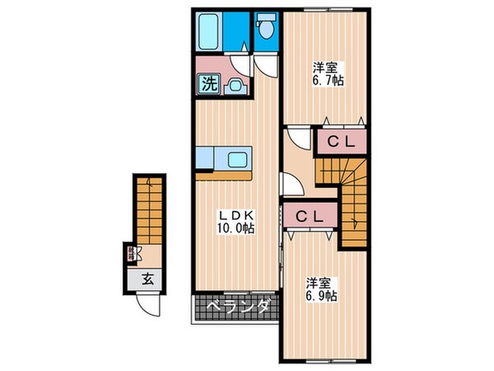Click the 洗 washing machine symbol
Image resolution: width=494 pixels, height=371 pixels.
point(206,83)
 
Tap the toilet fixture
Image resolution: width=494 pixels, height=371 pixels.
point(265,30)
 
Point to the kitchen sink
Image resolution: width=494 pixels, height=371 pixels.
point(238,160)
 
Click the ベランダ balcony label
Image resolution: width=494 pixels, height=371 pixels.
point(238,308)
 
